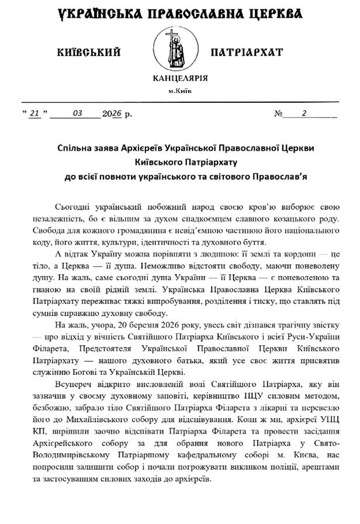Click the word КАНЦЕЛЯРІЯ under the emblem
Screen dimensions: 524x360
pyautogui.click(x=180, y=78)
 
